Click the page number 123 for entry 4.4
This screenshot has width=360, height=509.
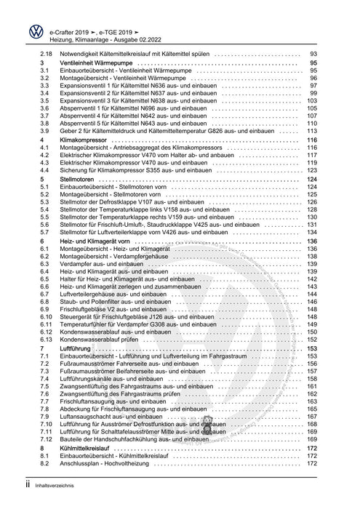[x=313, y=169]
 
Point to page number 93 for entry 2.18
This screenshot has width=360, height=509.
[x=315, y=54]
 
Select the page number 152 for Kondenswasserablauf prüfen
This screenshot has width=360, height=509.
[x=313, y=340]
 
